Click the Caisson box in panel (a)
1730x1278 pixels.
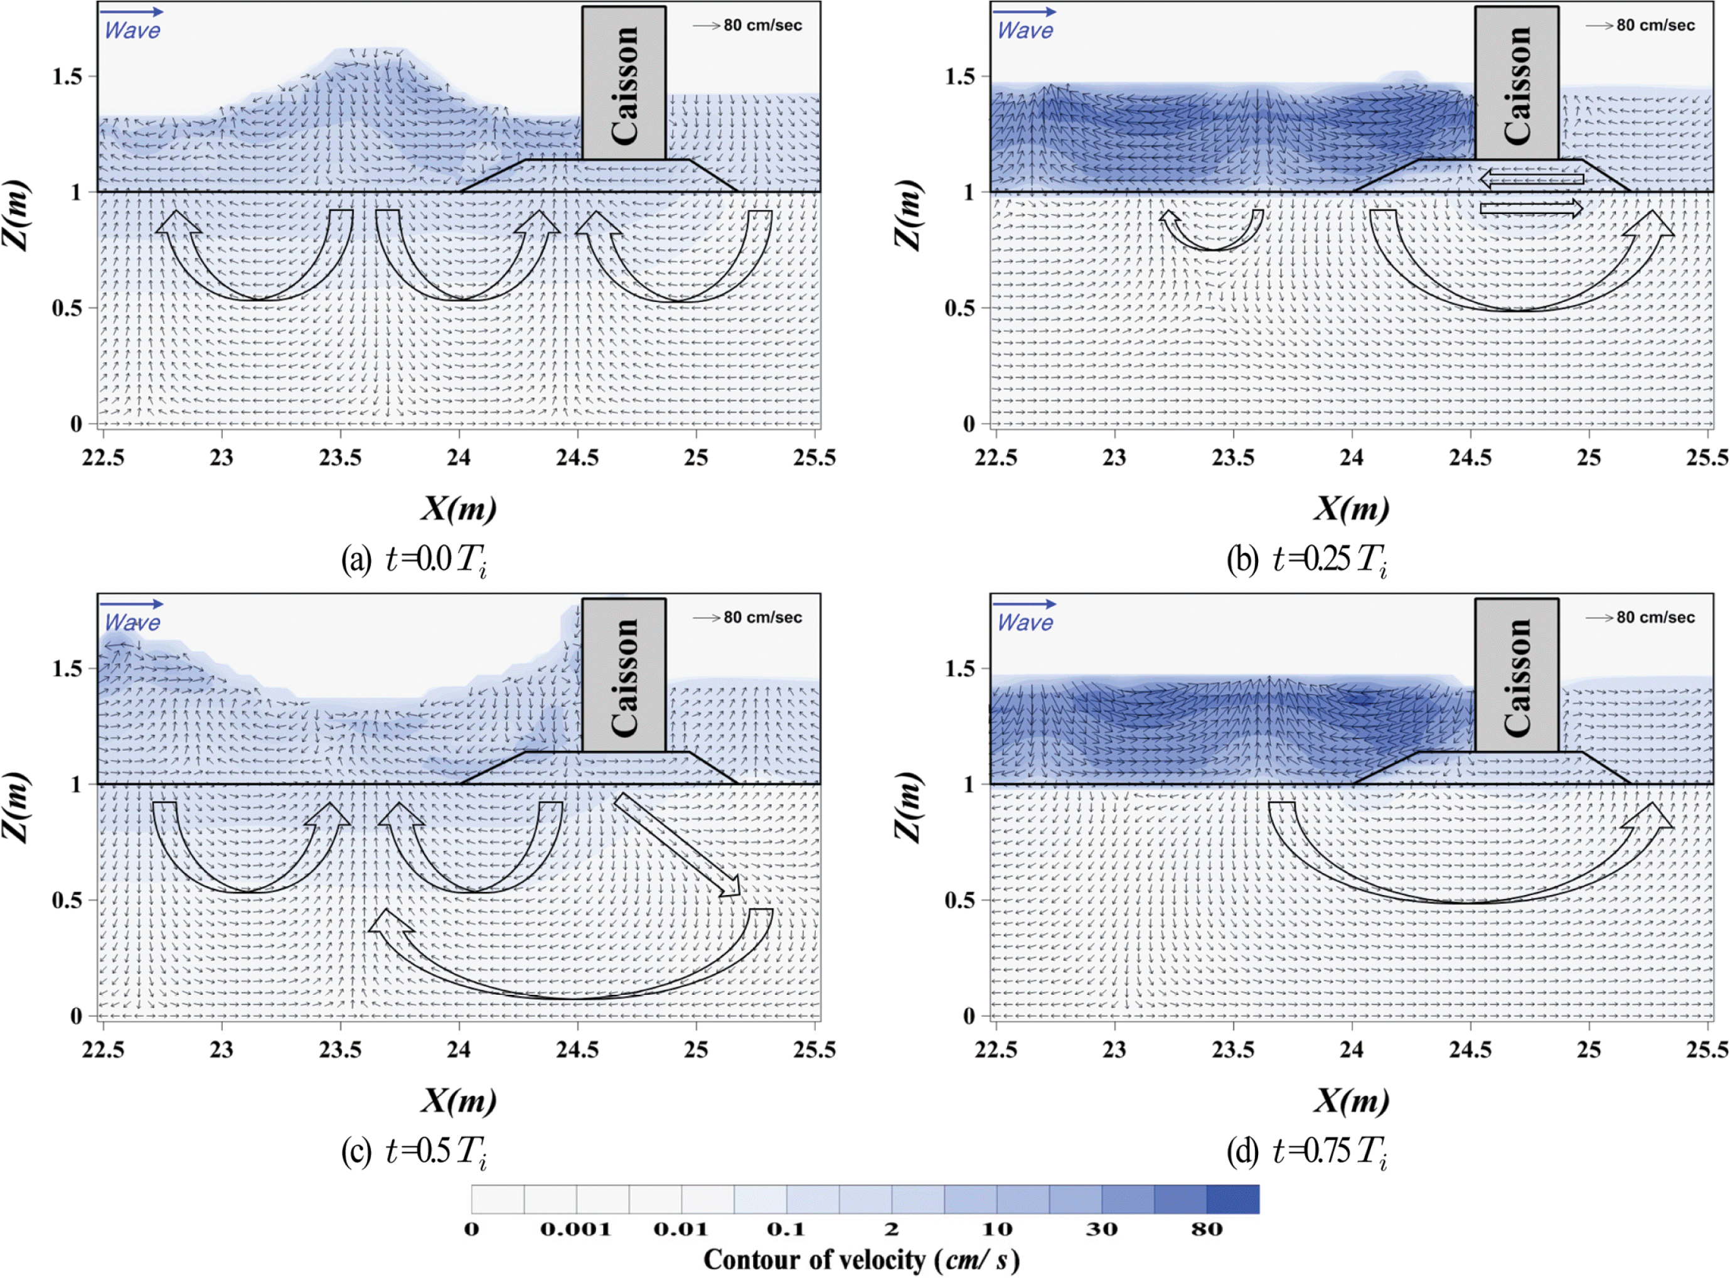(x=623, y=83)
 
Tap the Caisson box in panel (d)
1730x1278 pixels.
(x=1516, y=675)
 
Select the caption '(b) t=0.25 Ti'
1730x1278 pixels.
(x=1306, y=559)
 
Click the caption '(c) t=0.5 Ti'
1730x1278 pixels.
(x=414, y=1151)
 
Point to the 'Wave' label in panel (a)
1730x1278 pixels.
(x=132, y=30)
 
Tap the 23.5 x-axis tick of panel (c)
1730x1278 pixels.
(x=340, y=1050)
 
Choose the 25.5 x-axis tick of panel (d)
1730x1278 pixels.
(x=1707, y=1050)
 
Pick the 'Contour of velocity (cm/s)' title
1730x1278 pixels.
(x=862, y=1259)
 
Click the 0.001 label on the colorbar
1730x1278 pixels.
(x=575, y=1229)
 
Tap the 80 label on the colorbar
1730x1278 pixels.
(x=1207, y=1229)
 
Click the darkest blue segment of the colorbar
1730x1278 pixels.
(x=1233, y=1198)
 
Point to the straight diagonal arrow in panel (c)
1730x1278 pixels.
(x=676, y=845)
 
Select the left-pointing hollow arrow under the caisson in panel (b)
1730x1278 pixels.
(x=1530, y=180)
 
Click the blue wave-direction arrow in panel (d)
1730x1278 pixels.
(x=1024, y=603)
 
